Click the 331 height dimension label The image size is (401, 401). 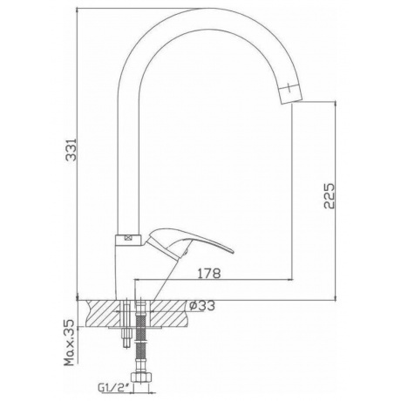tap(71, 149)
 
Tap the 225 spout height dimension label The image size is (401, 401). tap(329, 195)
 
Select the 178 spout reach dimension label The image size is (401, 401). tap(209, 273)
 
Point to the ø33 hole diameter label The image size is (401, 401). tap(202, 305)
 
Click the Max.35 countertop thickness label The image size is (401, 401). tap(70, 343)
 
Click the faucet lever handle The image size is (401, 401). tap(189, 242)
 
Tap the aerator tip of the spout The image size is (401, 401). tap(289, 92)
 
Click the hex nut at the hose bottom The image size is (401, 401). tap(141, 377)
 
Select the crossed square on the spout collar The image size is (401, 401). tap(128, 238)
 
